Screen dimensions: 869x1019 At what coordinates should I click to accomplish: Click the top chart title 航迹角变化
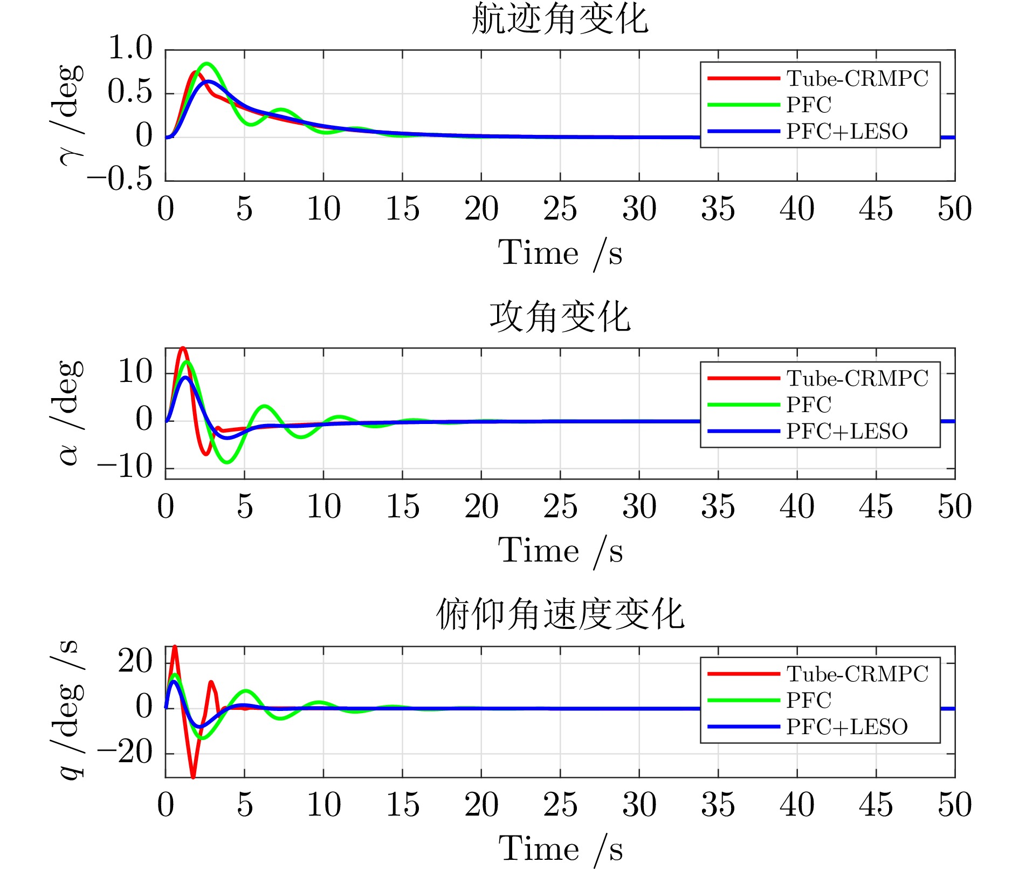560,19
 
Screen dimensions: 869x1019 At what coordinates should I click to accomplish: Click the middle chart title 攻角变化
560,317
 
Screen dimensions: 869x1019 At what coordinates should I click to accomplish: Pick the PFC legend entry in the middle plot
809,405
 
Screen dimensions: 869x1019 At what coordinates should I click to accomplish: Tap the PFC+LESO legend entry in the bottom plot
846,727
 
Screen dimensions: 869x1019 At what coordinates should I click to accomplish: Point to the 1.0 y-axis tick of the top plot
130,49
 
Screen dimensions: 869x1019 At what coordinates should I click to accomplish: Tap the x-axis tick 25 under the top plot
560,209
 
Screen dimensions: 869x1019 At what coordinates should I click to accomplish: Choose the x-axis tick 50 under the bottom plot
954,805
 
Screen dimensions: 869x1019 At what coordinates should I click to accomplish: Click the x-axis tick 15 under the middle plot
402,507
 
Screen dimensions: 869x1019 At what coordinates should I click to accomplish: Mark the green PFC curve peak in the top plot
206,64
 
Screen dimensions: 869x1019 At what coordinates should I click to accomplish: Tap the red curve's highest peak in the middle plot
183,348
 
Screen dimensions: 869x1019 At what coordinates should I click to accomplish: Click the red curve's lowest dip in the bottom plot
193,776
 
